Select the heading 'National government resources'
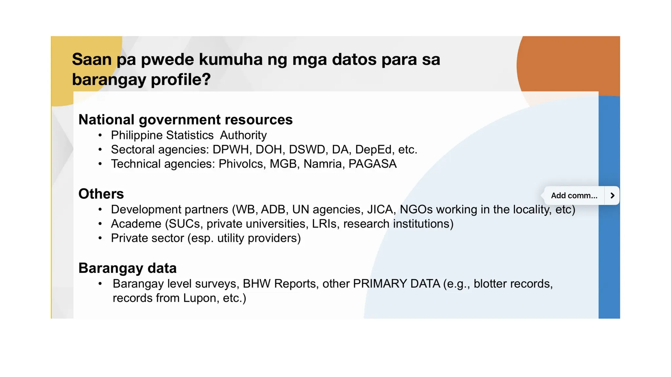tap(185, 120)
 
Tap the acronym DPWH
tap(231, 150)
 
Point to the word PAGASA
tap(373, 164)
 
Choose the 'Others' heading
tap(101, 194)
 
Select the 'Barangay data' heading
tap(127, 268)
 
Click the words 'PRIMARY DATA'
tap(396, 284)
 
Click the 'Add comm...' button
tap(574, 196)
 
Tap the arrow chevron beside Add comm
tap(612, 196)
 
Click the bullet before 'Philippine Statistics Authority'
tap(100, 135)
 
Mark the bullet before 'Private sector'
tap(100, 238)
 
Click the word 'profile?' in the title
tap(181, 80)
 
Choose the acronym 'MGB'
tap(283, 164)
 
